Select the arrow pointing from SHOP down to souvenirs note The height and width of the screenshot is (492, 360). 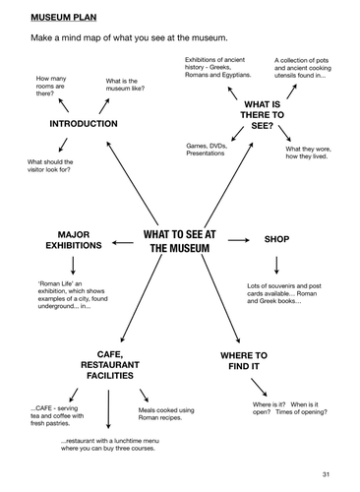276,266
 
